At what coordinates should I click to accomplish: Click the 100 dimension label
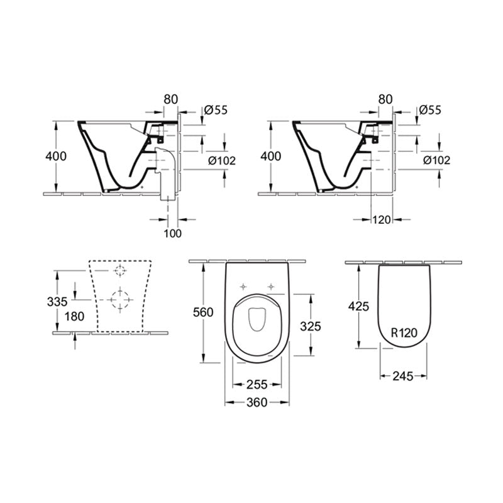click(172, 233)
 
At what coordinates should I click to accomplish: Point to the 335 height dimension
click(57, 302)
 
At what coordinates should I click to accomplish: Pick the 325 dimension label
click(311, 326)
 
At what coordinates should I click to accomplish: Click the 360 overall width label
click(257, 402)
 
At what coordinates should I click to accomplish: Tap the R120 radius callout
click(403, 334)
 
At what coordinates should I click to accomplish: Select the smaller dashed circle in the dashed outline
click(119, 270)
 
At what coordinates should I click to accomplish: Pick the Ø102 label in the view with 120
click(436, 160)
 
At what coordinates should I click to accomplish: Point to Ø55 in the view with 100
click(216, 110)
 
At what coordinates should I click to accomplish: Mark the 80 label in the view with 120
click(387, 98)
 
